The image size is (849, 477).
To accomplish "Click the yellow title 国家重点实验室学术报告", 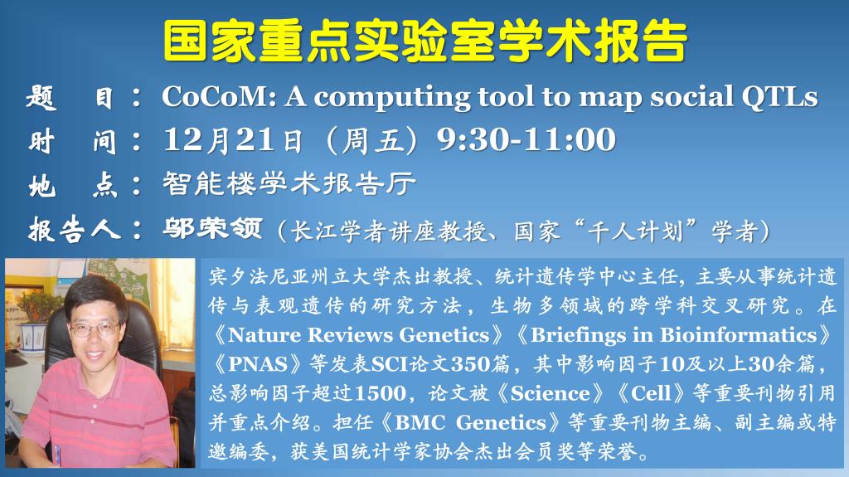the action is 425,41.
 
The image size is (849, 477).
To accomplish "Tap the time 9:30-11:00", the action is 526,139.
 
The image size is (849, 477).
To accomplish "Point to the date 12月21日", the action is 233,140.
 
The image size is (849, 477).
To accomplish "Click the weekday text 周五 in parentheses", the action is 372,140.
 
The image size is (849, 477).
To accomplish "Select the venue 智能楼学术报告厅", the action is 289,184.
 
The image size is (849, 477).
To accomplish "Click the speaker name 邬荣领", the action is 213,228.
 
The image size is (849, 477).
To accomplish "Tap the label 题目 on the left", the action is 70,99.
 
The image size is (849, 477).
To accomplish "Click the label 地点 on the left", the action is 73,185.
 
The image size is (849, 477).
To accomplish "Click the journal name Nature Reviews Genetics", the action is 358,335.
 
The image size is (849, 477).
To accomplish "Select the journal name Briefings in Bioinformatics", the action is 673,335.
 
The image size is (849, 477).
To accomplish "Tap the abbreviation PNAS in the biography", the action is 258,363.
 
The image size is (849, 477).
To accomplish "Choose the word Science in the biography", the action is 551,393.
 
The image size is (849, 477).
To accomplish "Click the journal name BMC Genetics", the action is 471,422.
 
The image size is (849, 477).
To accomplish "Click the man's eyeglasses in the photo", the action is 94,329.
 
